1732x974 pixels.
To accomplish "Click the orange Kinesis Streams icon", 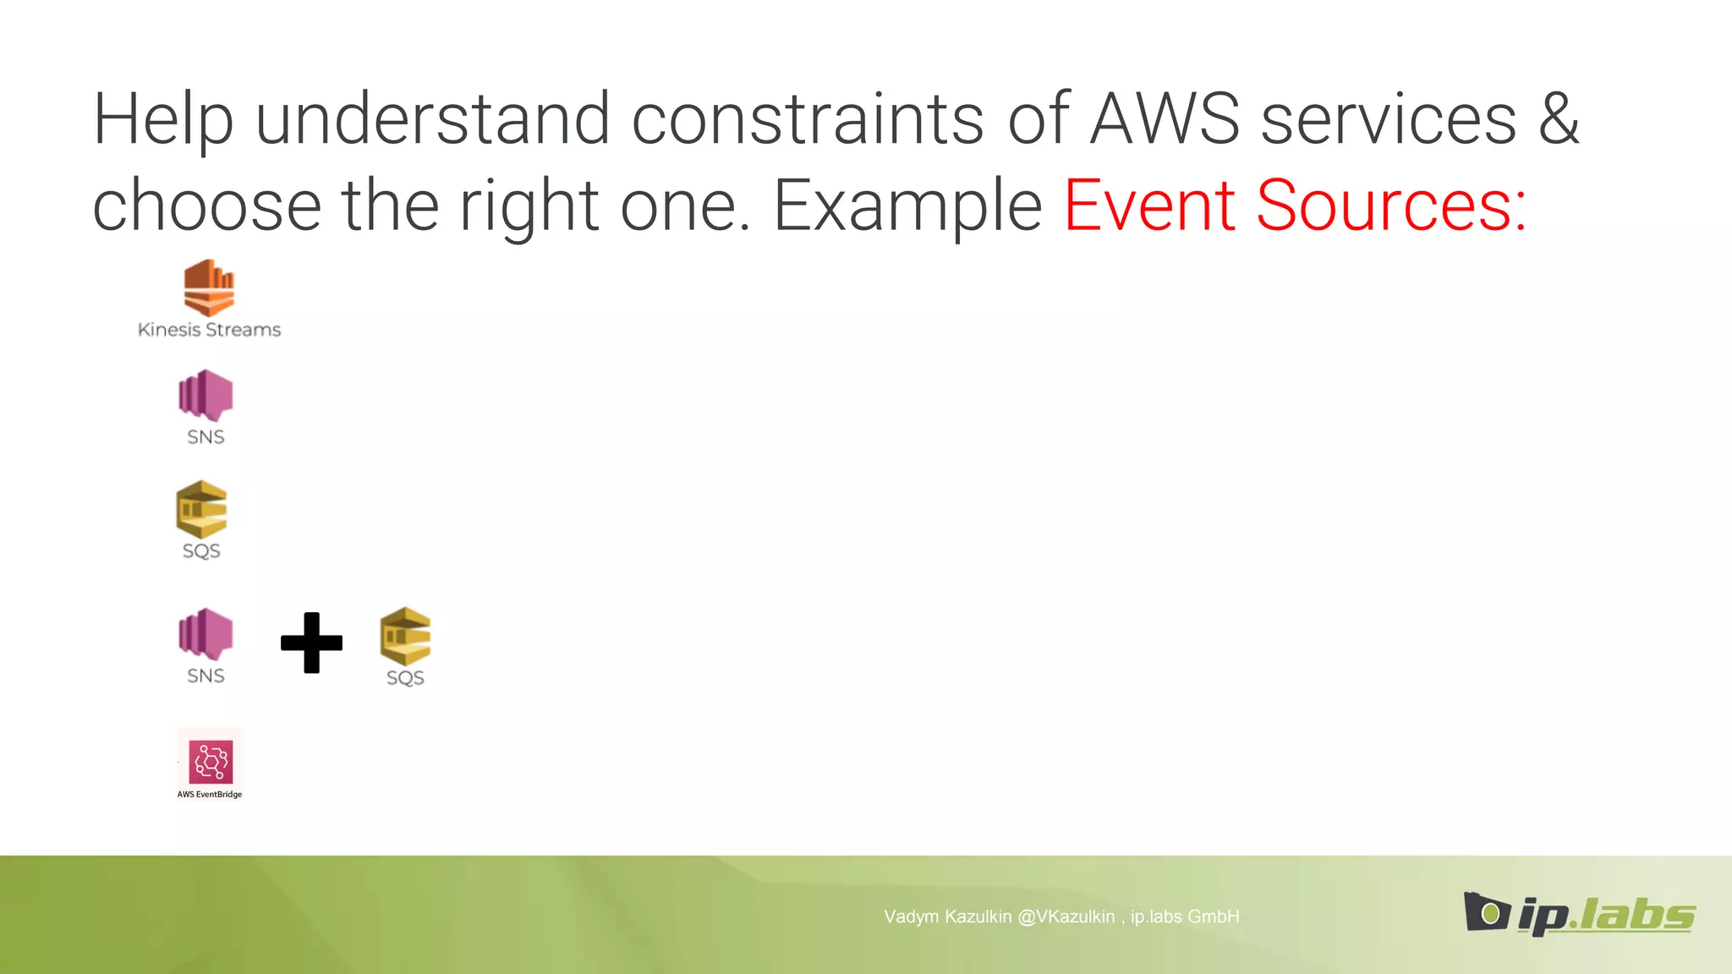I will tap(209, 287).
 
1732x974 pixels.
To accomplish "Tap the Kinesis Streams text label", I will tap(209, 330).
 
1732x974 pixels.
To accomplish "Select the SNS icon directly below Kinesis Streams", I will tap(206, 395).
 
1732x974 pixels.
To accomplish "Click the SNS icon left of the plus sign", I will tap(206, 634).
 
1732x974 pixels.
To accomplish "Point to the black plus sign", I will tap(311, 643).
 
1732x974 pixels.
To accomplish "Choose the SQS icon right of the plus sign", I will tap(405, 636).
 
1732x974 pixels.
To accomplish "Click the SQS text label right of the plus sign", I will tap(405, 678).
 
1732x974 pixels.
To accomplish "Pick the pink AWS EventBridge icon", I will tap(211, 762).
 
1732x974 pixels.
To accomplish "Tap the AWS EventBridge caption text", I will tap(210, 795).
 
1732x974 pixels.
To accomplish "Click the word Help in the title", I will tap(162, 120).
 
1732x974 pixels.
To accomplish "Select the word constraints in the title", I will tap(808, 120).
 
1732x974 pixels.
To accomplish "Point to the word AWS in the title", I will tap(1165, 120).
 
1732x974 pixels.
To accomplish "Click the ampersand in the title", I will tap(1559, 120).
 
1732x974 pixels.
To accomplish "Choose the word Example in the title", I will tap(907, 206).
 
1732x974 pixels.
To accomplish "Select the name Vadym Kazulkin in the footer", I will tap(947, 917).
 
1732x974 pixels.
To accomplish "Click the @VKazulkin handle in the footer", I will tap(1066, 917).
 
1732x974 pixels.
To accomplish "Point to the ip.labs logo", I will tap(1579, 914).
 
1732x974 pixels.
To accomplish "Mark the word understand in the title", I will tap(432, 120).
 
